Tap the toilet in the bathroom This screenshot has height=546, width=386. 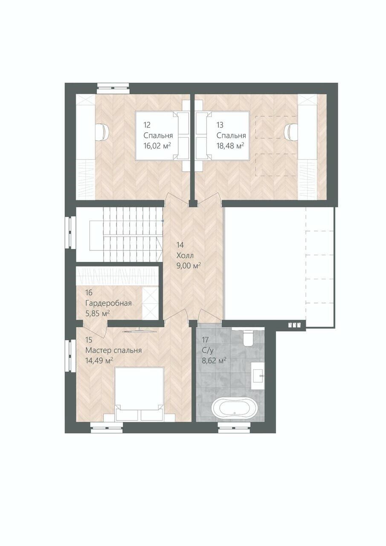click(x=249, y=338)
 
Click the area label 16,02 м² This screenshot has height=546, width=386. click(x=157, y=146)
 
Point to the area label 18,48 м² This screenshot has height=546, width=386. click(x=230, y=146)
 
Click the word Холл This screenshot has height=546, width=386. click(x=185, y=256)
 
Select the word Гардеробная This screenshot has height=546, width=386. click(x=108, y=303)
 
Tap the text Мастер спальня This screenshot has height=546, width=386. click(x=113, y=351)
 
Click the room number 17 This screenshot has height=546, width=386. click(x=206, y=340)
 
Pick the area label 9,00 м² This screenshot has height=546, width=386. click(x=189, y=266)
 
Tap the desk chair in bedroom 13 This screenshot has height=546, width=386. click(x=291, y=132)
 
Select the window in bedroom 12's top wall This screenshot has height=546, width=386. click(x=113, y=88)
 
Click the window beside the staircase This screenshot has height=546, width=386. click(x=70, y=233)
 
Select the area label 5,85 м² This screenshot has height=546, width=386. click(x=97, y=314)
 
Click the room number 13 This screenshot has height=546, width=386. click(x=220, y=125)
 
